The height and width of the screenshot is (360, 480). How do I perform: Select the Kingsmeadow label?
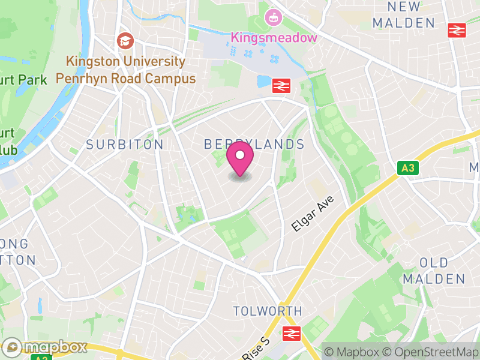273,38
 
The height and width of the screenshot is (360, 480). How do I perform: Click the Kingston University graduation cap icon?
125,41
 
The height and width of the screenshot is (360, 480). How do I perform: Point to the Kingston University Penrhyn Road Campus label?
125,70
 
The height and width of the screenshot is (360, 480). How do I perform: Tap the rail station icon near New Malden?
457,30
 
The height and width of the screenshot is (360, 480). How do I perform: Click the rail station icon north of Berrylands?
281,86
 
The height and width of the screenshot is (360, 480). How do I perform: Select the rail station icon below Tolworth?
291,333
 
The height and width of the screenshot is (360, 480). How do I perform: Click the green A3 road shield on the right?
407,169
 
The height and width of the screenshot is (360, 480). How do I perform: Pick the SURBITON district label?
124,145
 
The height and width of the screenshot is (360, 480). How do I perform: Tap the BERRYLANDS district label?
254,145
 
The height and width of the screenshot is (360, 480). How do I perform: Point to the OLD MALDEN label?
434,271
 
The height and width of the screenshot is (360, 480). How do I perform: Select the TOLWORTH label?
267,311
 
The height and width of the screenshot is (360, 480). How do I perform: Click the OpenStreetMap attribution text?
432,352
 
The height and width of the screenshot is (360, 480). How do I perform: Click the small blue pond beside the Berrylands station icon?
263,81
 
